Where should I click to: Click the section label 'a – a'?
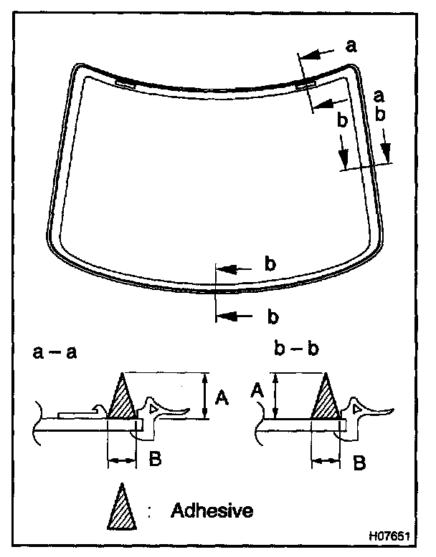55,352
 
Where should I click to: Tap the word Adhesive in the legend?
212,511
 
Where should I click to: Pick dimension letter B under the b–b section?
360,462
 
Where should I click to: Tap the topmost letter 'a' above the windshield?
351,47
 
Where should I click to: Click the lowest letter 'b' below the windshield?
272,315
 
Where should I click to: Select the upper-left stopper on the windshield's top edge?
125,82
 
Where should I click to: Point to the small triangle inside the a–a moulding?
153,407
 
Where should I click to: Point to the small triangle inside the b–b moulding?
356,407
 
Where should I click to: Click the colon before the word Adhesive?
152,512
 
